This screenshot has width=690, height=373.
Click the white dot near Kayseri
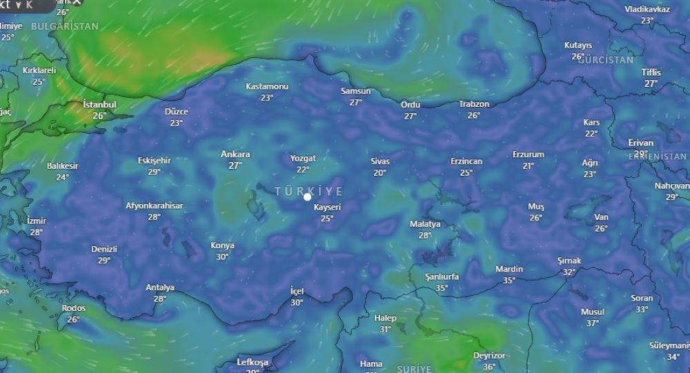point(308,197)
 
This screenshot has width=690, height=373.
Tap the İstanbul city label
point(99,104)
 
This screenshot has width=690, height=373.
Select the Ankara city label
point(235,154)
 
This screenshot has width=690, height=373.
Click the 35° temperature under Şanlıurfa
point(442,288)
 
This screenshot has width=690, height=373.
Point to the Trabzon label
point(474,104)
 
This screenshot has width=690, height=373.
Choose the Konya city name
point(222,245)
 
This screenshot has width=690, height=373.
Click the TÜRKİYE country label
point(308,191)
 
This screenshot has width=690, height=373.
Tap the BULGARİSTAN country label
point(65,26)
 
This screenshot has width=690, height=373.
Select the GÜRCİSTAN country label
point(606,60)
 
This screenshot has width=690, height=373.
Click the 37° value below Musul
point(593,323)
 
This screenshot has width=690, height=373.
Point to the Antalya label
point(160,288)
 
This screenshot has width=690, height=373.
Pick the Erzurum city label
point(529,154)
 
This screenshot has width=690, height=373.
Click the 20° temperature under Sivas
point(380,172)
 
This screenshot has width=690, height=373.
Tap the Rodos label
point(74,308)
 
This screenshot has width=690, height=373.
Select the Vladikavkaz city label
point(647,9)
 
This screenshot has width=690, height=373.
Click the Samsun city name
point(355,91)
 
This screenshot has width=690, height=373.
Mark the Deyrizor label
point(489,356)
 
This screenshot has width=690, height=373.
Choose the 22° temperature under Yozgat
point(303,170)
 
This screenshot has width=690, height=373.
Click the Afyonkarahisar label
point(154,205)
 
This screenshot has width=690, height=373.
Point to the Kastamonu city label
point(267,87)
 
